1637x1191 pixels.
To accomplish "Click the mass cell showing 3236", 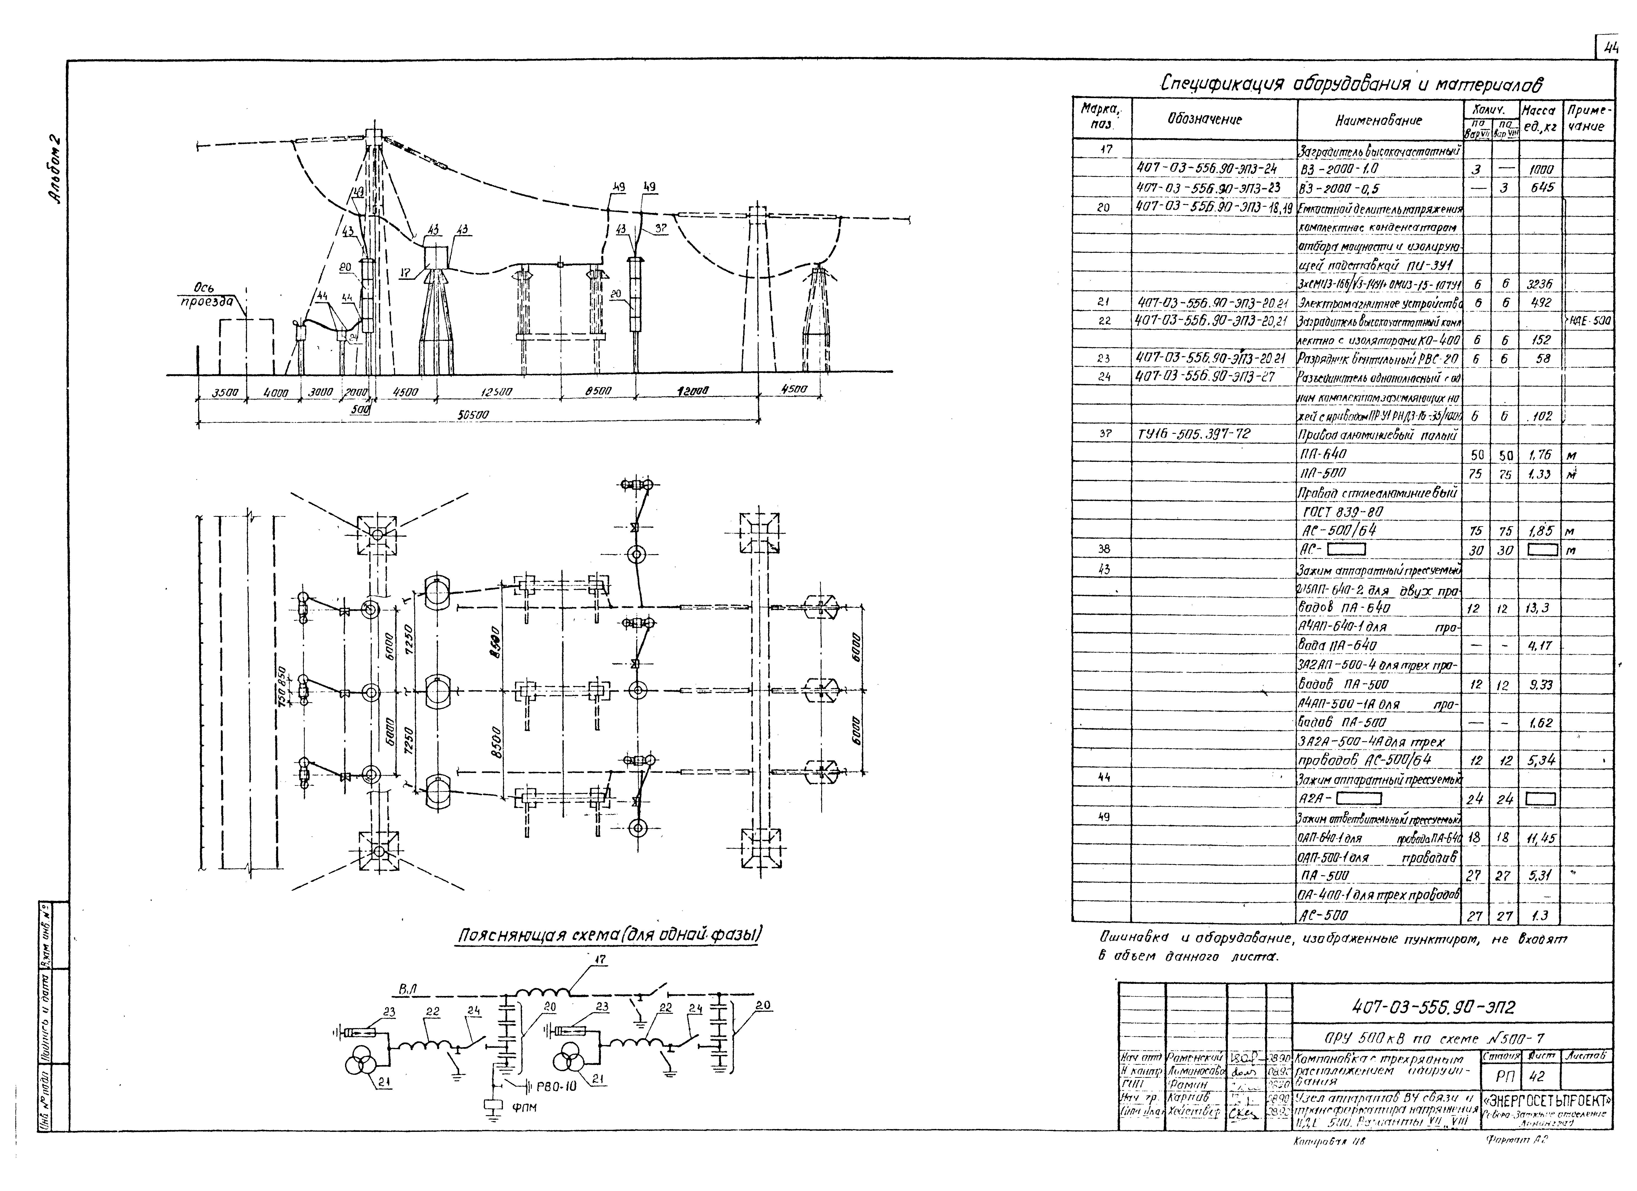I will (1540, 284).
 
